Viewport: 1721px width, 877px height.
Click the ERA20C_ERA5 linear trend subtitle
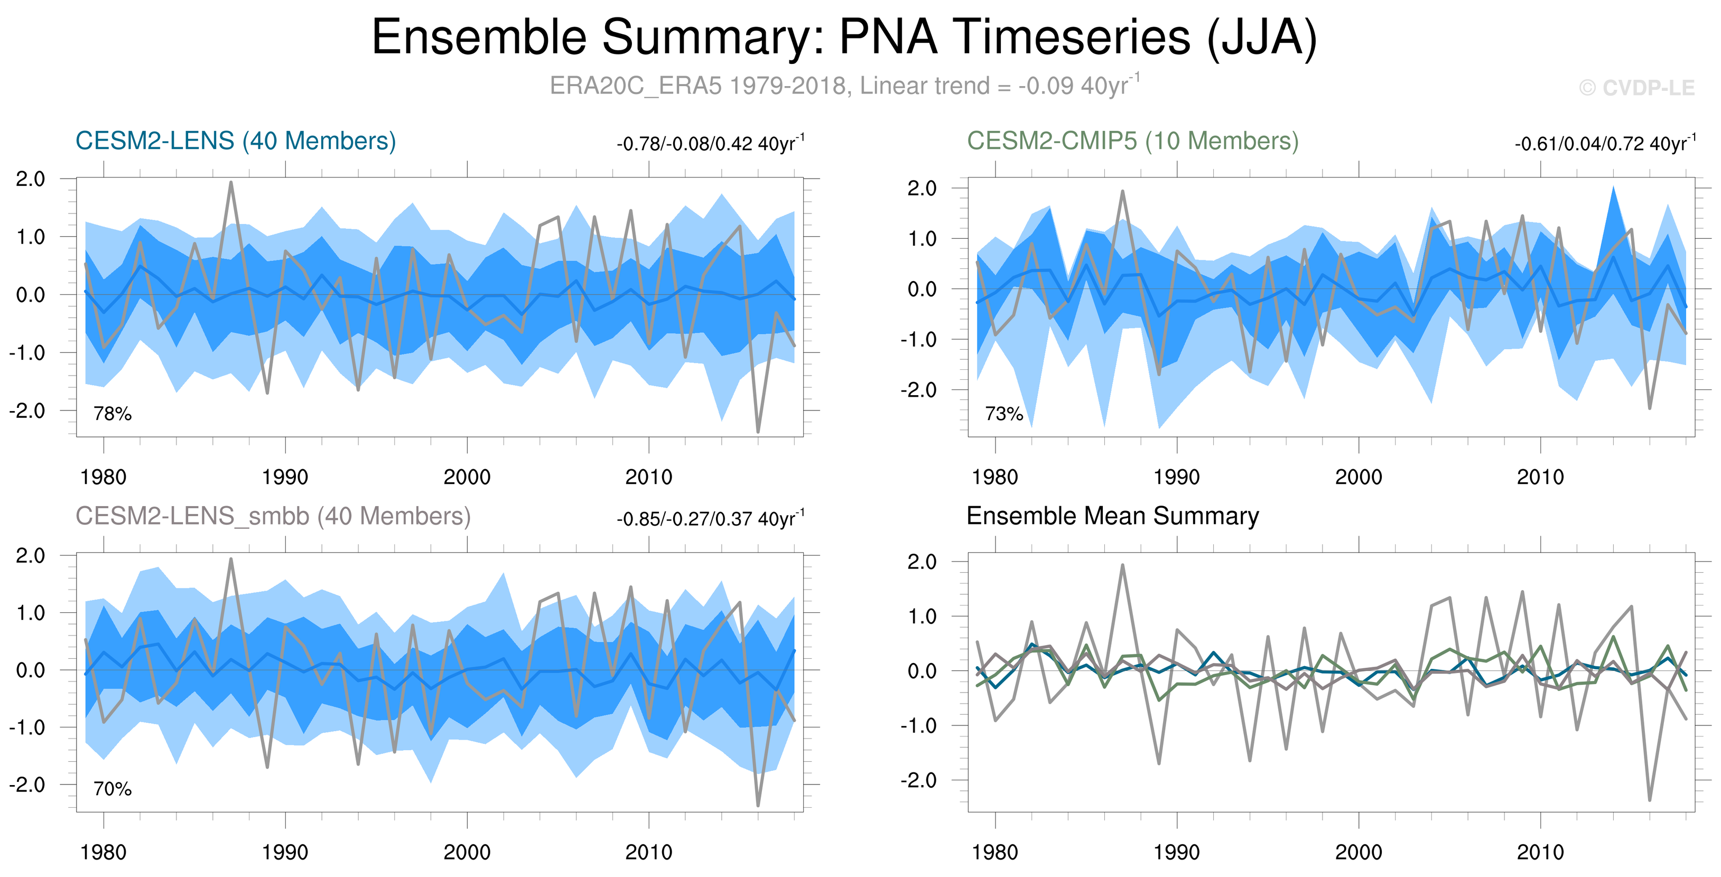[844, 86]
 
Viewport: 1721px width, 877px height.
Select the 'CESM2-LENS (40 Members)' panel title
[235, 141]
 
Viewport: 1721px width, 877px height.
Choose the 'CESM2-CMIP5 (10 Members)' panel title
[1132, 141]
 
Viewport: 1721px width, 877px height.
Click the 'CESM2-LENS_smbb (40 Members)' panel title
[273, 516]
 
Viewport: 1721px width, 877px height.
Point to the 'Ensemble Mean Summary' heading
[1112, 516]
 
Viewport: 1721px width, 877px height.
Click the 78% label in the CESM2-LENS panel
[112, 414]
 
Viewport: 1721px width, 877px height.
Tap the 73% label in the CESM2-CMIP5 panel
[1003, 414]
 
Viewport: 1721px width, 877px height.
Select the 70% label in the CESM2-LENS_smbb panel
[112, 789]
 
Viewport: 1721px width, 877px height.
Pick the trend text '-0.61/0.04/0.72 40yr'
[1603, 144]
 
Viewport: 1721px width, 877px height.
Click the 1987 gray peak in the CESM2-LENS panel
[230, 183]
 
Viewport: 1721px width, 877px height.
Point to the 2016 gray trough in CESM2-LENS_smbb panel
[758, 804]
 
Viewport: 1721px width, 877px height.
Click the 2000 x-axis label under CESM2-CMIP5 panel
[1358, 477]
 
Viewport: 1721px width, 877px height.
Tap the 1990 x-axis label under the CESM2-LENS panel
[285, 477]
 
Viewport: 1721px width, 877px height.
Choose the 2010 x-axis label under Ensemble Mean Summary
[1540, 852]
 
